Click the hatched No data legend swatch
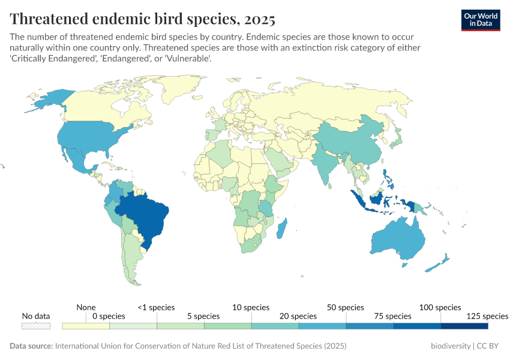36,326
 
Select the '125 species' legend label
487,316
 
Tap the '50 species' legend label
346,307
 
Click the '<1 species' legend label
156,307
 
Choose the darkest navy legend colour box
464,326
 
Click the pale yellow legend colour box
86,326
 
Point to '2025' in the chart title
260,19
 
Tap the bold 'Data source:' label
31,346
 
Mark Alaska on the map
48,99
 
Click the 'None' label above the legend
86,307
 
